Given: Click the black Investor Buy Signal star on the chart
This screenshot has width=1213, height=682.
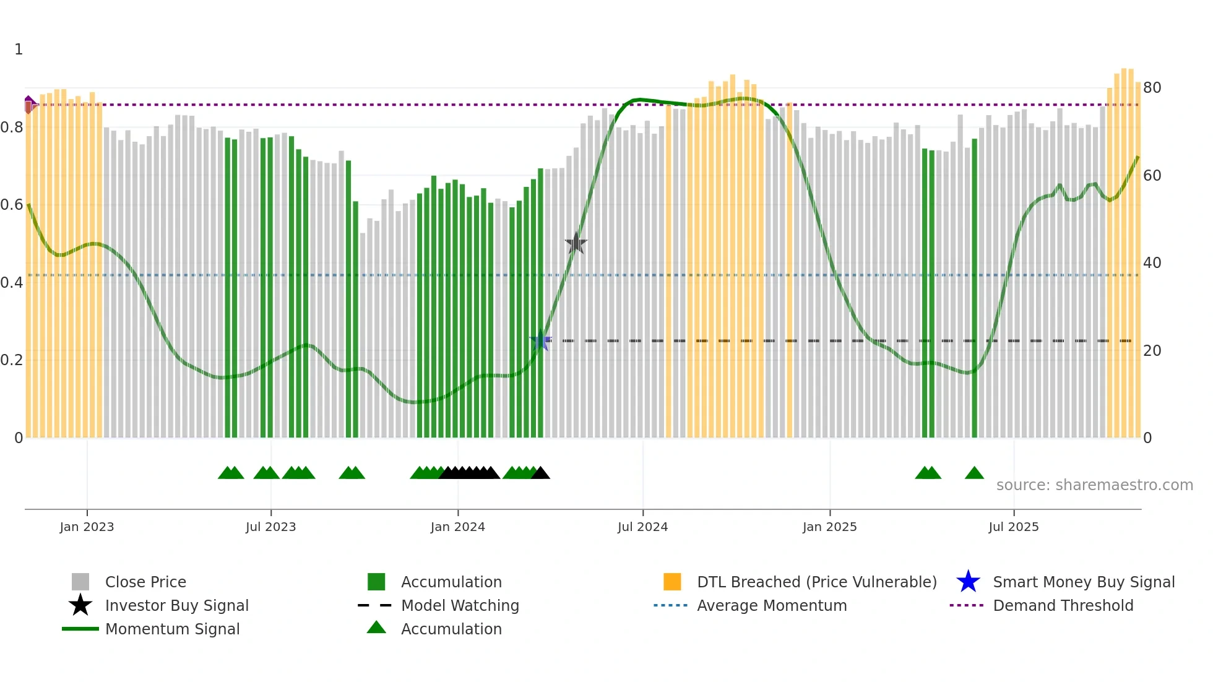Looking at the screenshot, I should pos(576,244).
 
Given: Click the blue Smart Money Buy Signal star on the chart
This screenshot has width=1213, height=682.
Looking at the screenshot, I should pos(541,340).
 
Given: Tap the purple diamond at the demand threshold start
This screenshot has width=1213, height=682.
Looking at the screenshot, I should pos(29,105).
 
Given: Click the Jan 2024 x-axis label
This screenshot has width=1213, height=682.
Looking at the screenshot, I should pos(457,527).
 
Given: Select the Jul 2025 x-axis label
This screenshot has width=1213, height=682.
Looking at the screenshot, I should pos(1013,527).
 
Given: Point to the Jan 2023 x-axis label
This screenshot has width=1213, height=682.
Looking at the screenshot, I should pos(87,527).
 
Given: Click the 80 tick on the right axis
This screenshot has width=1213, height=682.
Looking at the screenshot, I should pos(1152,88).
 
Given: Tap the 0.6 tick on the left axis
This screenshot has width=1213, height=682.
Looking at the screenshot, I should pos(12,205).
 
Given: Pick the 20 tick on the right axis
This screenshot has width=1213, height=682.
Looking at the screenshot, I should pos(1152,351).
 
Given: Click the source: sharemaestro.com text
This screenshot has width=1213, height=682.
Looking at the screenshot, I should pos(1094,485).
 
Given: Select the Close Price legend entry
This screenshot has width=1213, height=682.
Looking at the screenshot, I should pos(145,582).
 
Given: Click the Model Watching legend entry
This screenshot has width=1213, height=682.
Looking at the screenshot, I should pos(459,605).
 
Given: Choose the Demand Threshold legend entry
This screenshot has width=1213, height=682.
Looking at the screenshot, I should pos(1063,605).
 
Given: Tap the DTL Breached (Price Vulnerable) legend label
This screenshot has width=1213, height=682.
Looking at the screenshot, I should pos(816,582).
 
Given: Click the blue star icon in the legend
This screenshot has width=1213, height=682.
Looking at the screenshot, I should pos(968,582).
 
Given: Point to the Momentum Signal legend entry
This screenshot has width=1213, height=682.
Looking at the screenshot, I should pos(172,629).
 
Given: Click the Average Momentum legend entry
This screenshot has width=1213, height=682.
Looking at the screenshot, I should pos(771,605).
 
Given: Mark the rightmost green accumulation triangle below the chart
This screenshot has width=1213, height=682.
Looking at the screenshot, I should pos(974,473).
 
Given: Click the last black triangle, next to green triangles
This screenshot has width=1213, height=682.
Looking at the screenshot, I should pos(540,473).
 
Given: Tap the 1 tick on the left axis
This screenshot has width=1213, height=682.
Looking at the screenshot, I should pos(19,50).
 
